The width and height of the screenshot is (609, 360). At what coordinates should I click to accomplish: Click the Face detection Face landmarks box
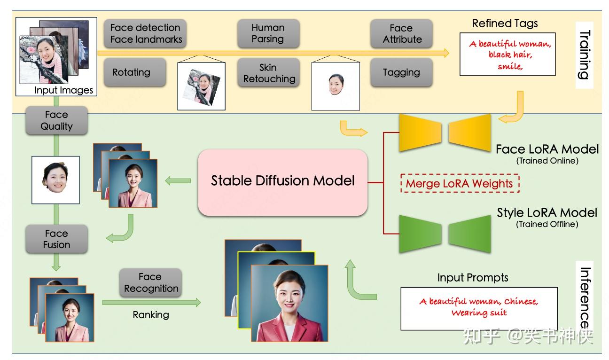pos(146,33)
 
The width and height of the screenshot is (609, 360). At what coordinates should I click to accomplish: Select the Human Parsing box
pos(268,33)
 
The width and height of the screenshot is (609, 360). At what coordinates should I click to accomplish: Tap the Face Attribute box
pos(401,33)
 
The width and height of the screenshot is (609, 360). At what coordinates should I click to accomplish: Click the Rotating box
pos(131,72)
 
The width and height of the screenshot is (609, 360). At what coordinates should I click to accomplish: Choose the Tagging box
pos(401,72)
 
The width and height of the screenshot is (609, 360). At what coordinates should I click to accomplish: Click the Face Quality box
pos(56,120)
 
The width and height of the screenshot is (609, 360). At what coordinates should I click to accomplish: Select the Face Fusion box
pos(56,239)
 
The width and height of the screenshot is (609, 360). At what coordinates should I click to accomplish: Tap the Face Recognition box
pos(150,282)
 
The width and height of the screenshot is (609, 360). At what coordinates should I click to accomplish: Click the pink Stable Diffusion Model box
pos(282,182)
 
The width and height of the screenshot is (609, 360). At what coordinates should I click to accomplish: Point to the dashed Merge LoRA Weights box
pos(459,183)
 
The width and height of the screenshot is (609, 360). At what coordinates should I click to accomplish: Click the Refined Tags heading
pos(505,23)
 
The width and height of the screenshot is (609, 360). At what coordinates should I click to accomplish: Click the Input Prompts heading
pos(472,278)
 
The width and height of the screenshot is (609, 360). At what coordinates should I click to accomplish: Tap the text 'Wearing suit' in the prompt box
pos(479,313)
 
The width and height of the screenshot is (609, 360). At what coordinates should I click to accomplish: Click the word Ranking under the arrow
pos(150,315)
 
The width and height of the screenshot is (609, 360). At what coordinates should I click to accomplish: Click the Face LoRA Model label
pos(547,150)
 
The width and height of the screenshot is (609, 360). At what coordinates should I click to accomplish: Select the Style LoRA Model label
pos(547,213)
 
